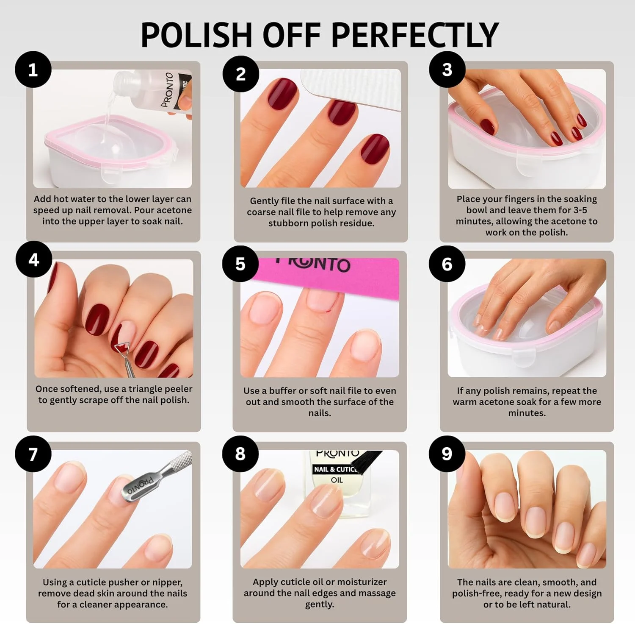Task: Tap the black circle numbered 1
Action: click(x=33, y=70)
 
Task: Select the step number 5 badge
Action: click(x=240, y=264)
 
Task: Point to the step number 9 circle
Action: click(x=447, y=454)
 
